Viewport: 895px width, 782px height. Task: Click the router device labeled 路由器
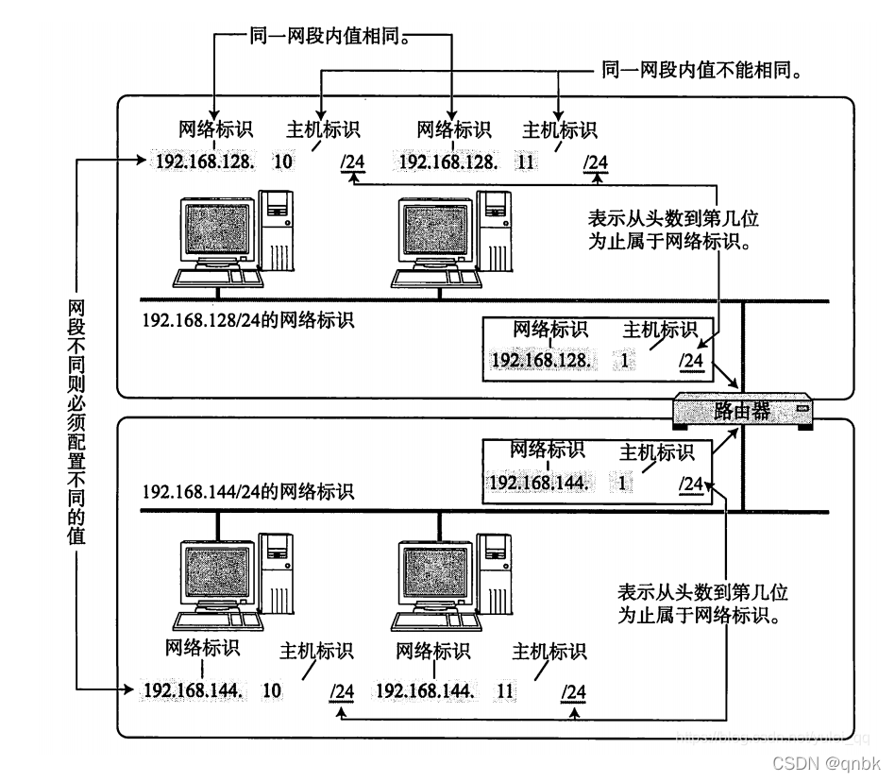click(x=742, y=411)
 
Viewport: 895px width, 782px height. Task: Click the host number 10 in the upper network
click(x=282, y=161)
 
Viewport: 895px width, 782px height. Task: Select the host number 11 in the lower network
click(x=505, y=690)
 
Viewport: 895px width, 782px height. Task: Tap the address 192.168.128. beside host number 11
click(x=447, y=161)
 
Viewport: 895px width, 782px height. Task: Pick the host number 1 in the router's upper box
click(x=624, y=360)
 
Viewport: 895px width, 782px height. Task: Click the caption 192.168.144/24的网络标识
click(x=248, y=492)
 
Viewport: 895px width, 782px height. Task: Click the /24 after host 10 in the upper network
click(x=353, y=162)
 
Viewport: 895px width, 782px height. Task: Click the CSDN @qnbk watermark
click(x=826, y=763)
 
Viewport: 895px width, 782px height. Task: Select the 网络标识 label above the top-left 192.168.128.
click(x=216, y=129)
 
